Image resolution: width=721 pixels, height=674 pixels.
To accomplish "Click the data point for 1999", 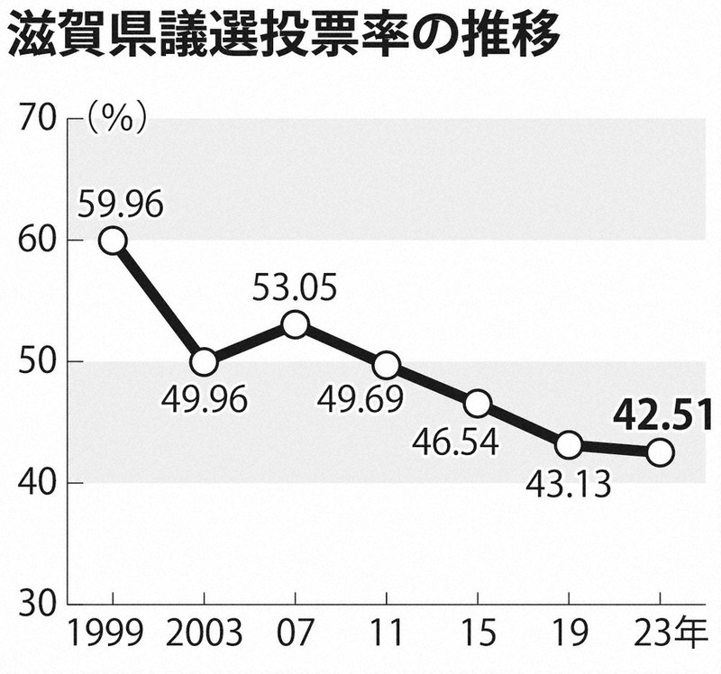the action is pyautogui.click(x=114, y=241).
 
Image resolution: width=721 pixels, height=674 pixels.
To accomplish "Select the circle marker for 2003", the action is pyautogui.click(x=205, y=362).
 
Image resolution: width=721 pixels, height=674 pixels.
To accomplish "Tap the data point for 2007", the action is pyautogui.click(x=296, y=324).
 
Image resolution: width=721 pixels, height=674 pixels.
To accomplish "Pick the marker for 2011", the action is pyautogui.click(x=387, y=365).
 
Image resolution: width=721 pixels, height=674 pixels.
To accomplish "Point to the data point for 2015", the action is pyautogui.click(x=478, y=404).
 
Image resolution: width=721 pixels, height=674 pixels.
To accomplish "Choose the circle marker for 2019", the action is pyautogui.click(x=569, y=445).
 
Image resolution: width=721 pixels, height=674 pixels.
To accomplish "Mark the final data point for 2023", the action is pyautogui.click(x=661, y=452).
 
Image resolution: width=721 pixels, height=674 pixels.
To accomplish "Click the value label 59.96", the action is pyautogui.click(x=120, y=205).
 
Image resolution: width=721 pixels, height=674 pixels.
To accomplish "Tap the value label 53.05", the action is pyautogui.click(x=295, y=287).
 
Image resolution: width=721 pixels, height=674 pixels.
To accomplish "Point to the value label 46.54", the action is pyautogui.click(x=455, y=442).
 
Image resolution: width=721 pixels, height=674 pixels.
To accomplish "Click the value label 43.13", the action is pyautogui.click(x=568, y=484).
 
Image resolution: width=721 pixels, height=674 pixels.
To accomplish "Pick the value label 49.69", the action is pyautogui.click(x=360, y=398).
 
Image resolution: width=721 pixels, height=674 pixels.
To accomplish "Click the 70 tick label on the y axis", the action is pyautogui.click(x=39, y=120).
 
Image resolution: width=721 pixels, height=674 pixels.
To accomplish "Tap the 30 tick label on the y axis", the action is pyautogui.click(x=40, y=604).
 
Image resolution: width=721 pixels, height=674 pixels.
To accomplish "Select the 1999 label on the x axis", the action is pyautogui.click(x=105, y=633).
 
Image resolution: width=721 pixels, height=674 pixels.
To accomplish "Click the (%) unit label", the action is pyautogui.click(x=117, y=118).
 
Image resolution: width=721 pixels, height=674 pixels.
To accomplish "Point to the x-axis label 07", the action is pyautogui.click(x=295, y=633).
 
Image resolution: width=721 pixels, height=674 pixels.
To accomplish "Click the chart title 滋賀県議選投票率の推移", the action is pyautogui.click(x=284, y=34).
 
